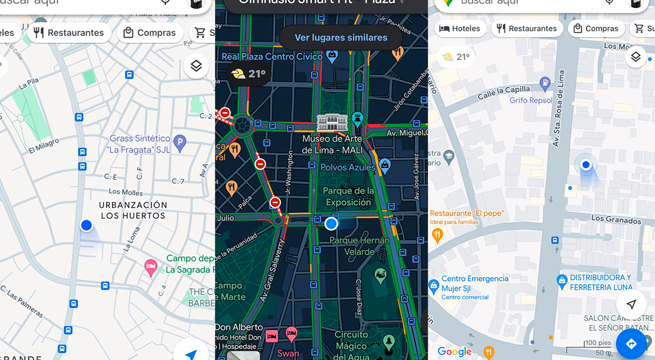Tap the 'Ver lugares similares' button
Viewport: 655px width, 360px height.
341,38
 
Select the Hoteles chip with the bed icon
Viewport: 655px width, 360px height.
460,29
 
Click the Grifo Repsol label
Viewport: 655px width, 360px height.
531,100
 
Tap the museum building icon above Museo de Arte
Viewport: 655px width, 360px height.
332,122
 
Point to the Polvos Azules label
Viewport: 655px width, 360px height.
348,167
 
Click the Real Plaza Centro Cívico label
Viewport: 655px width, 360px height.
272,57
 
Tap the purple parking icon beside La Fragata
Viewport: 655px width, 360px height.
179,144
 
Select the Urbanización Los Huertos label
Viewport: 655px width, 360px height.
133,210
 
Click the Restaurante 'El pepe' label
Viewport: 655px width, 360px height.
466,213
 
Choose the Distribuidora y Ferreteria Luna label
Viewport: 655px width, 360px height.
600,282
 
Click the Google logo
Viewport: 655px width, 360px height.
454,352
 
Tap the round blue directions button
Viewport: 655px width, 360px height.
632,344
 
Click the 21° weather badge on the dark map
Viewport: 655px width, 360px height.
249,74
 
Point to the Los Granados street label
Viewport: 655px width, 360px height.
616,220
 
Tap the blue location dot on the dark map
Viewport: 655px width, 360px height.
331,224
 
